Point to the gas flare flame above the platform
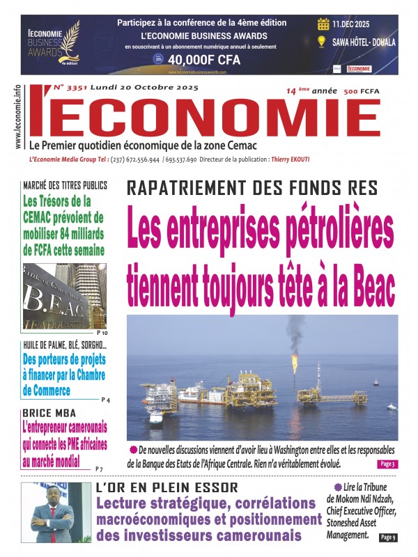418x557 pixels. (295, 361)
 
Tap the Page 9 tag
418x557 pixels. (388, 538)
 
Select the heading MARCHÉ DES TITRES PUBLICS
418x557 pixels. (65, 185)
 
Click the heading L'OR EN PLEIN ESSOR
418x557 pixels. (167, 488)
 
